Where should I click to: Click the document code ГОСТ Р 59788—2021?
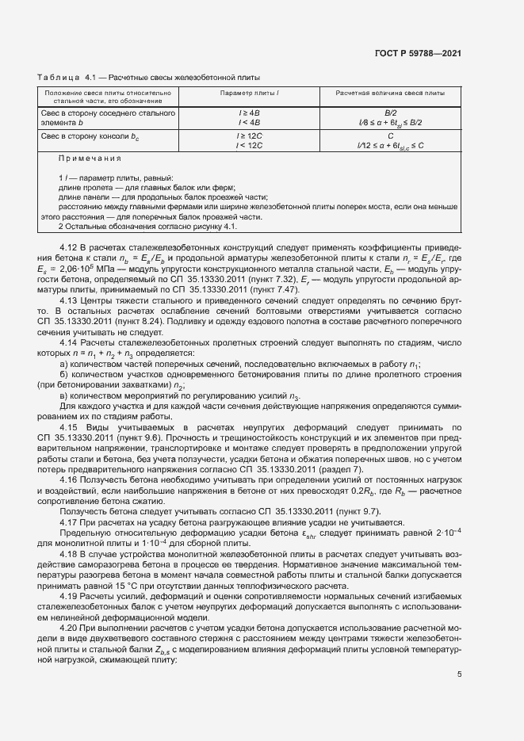click(x=417, y=54)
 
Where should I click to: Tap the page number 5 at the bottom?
click(x=459, y=674)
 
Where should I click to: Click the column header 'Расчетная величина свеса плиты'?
click(x=389, y=94)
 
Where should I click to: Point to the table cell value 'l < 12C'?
click(x=249, y=145)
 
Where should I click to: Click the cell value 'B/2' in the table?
click(x=389, y=114)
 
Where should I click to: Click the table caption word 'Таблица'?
click(x=53, y=77)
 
